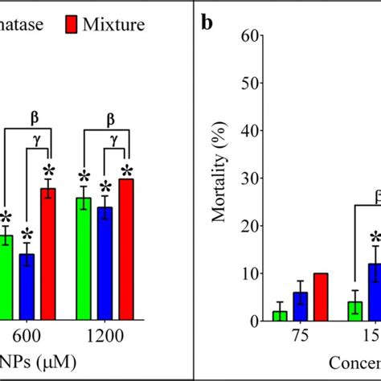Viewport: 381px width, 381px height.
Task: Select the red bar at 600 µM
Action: (x=49, y=254)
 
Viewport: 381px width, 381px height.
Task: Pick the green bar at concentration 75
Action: (x=280, y=316)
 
